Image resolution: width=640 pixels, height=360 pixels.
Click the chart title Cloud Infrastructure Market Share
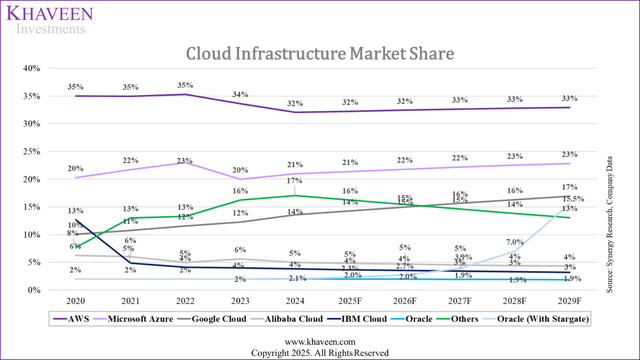click(x=319, y=52)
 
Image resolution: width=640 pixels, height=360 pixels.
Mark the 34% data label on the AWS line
click(x=239, y=94)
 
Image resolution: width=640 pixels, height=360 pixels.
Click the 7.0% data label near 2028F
click(x=514, y=242)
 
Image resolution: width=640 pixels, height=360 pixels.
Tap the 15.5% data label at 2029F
click(x=574, y=199)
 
